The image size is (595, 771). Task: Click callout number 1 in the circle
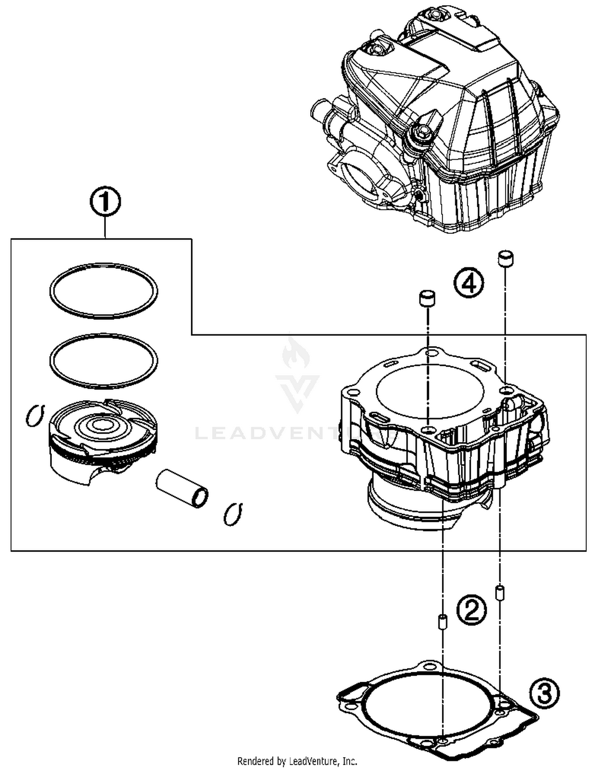coord(105,202)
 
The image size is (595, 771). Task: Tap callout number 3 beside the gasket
coord(544,693)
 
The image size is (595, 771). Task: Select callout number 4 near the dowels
coord(469,283)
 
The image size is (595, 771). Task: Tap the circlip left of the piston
coord(35,416)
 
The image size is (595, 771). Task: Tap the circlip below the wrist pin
coord(233,514)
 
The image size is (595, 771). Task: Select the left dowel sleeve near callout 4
coord(427,298)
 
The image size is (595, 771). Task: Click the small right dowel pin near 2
coord(500,592)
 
